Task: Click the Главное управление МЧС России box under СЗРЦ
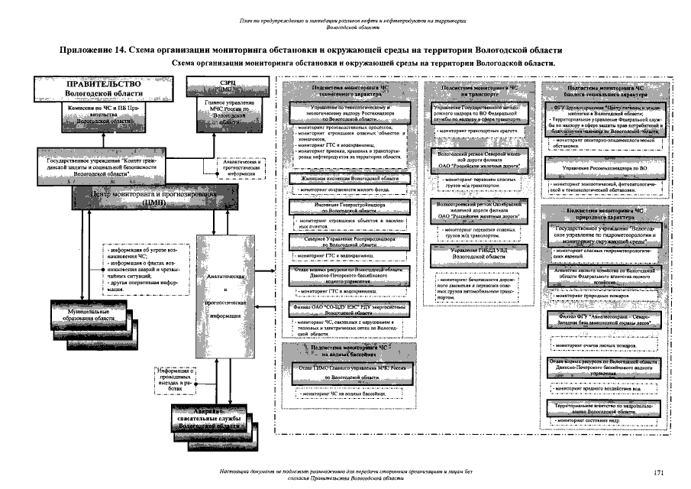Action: (225, 112)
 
